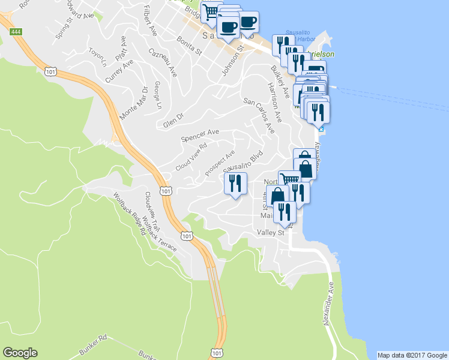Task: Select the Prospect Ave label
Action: [220, 163]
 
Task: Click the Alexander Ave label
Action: [328, 305]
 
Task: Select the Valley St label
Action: [270, 232]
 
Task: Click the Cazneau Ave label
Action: [163, 62]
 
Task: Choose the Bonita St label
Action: [189, 45]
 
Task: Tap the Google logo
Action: [20, 353]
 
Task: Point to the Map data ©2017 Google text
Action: [412, 355]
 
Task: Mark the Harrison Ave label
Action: [274, 100]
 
